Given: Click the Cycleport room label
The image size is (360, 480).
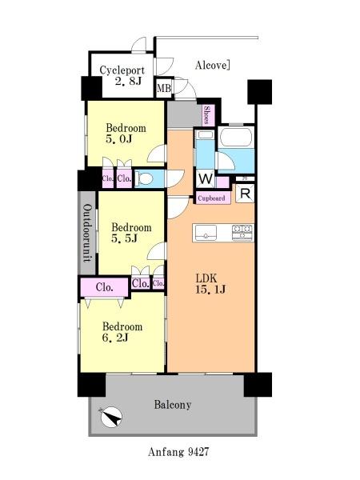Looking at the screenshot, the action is click(x=122, y=70).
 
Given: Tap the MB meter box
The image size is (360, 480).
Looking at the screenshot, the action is click(x=164, y=88).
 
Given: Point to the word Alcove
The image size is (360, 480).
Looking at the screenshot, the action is click(x=212, y=65).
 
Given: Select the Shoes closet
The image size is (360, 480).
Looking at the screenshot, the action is click(x=207, y=114).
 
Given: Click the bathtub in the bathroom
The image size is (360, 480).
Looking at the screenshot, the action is click(x=236, y=137).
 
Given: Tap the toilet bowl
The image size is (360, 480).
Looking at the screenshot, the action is click(x=145, y=178).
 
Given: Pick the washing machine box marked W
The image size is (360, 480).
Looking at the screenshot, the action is click(x=205, y=178).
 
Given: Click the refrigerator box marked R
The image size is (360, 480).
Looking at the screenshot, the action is click(x=246, y=193).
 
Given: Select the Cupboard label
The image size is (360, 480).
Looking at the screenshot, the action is click(x=211, y=198).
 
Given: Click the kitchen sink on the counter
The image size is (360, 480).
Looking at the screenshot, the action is click(x=206, y=233).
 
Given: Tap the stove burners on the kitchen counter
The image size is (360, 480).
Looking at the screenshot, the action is click(x=242, y=232).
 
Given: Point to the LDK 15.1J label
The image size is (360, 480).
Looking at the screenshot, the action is click(x=210, y=284).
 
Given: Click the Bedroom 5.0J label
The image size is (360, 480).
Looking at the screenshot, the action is click(x=126, y=134).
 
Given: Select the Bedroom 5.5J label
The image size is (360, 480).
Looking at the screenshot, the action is click(x=131, y=233).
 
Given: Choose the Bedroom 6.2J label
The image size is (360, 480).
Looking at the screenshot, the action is click(x=122, y=332).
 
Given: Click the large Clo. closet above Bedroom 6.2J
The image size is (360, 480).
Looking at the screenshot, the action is click(x=104, y=287).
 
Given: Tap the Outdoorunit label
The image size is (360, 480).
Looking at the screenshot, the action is click(x=87, y=233).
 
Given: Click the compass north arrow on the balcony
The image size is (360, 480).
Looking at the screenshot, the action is click(x=111, y=418).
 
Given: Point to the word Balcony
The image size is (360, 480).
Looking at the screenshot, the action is click(x=173, y=405).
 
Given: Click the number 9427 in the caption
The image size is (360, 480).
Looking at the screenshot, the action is click(x=198, y=452).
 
